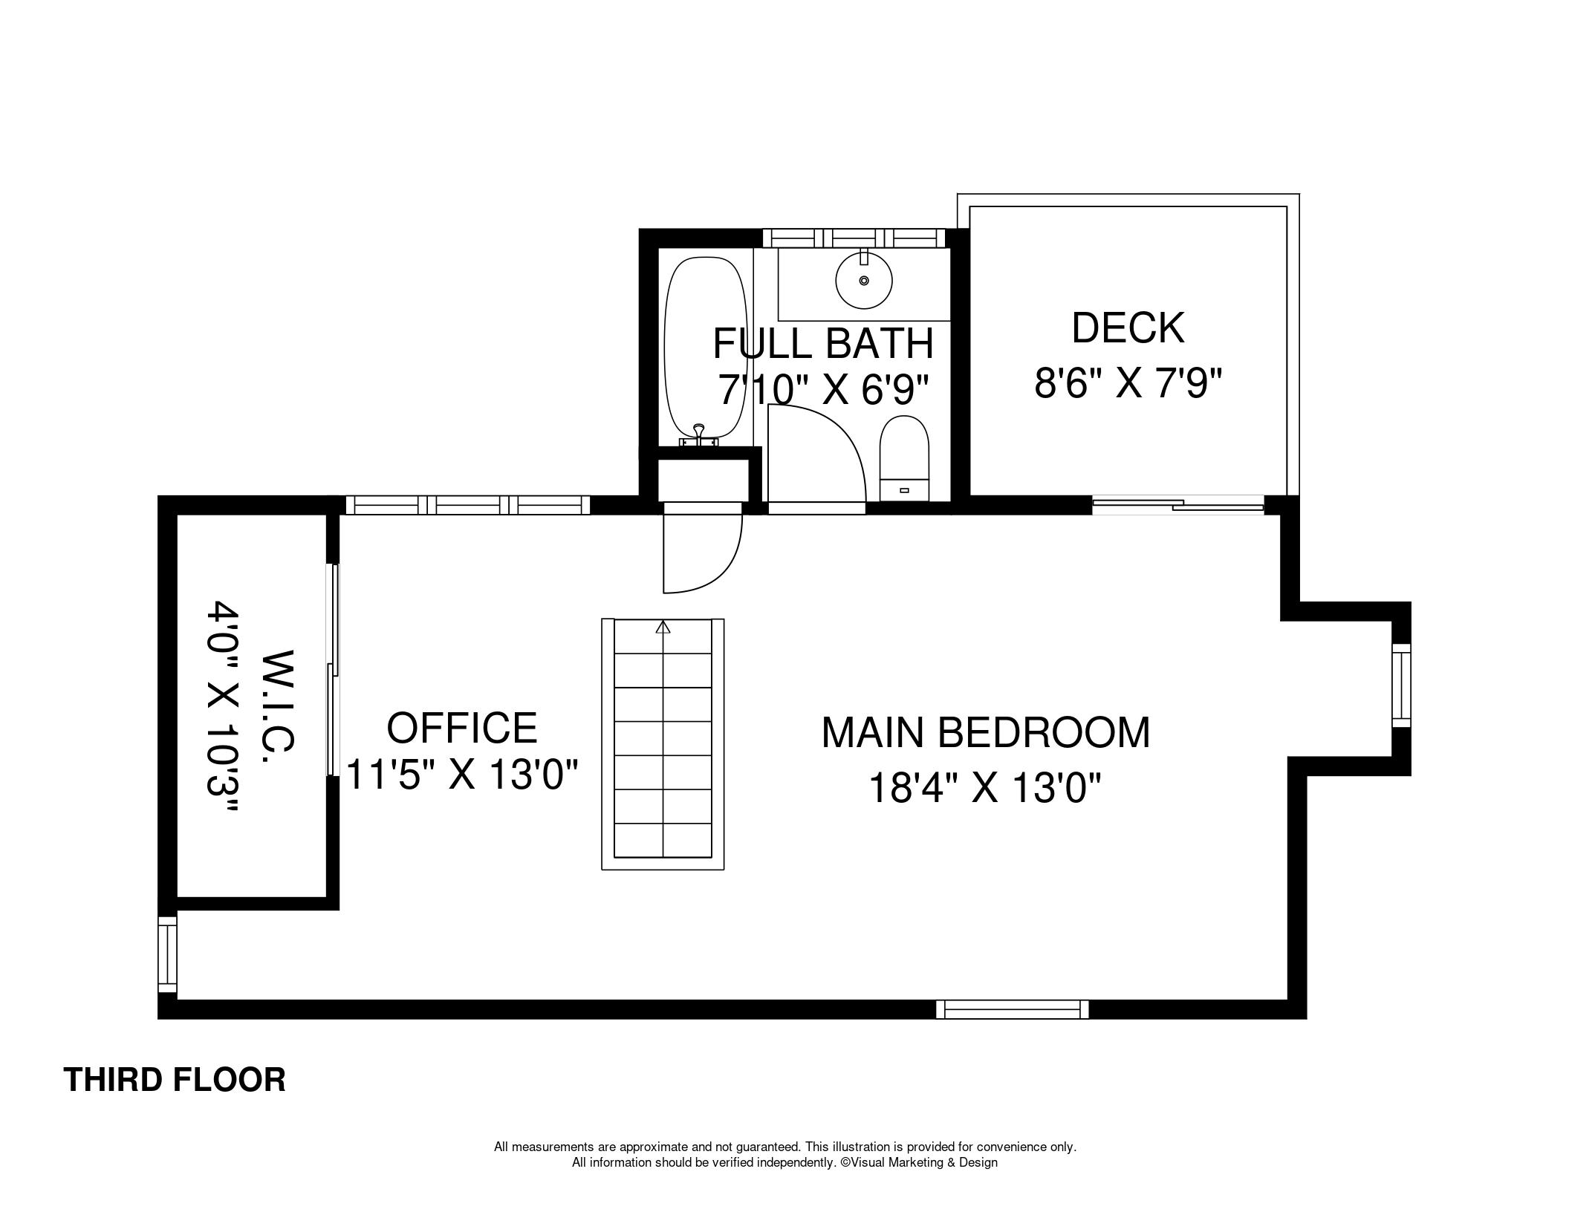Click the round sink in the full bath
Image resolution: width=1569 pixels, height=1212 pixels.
point(863,280)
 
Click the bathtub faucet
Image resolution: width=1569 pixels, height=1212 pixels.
point(698,434)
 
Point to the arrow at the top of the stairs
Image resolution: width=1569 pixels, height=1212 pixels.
point(663,627)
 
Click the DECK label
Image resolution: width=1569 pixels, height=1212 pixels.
point(1128,328)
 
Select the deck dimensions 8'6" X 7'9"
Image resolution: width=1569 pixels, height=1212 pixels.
point(1128,384)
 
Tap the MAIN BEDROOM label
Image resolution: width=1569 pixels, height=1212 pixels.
point(985,732)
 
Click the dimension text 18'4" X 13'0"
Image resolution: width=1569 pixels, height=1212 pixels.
point(984,788)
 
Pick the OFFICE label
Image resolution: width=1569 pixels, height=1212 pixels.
point(462,727)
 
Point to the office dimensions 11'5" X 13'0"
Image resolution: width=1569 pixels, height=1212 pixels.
point(462,775)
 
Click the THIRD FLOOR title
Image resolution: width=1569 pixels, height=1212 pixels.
point(175,1079)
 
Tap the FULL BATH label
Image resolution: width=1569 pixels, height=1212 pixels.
point(823,343)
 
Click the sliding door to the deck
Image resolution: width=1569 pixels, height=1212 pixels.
point(1177,505)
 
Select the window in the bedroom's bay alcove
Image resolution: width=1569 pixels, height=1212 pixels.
point(1400,685)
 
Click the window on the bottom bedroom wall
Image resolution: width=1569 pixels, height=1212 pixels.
point(1012,1009)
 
